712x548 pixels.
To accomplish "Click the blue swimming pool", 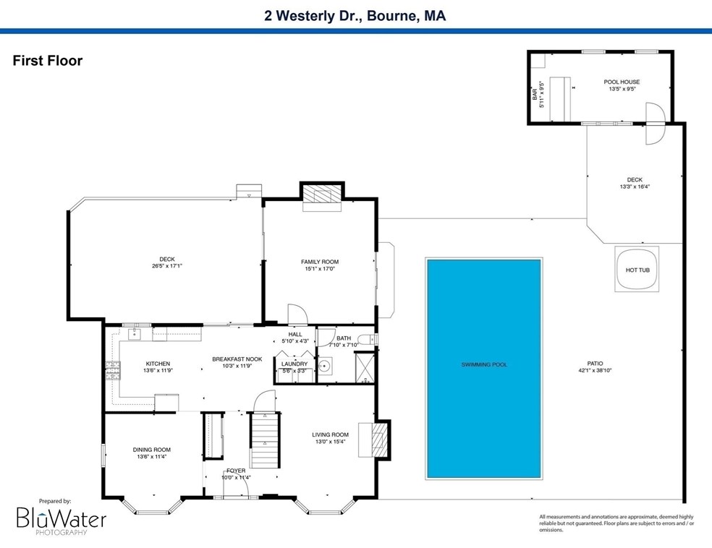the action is (x=483, y=369).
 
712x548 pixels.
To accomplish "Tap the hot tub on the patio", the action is (x=637, y=270).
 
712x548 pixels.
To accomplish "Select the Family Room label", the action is (x=320, y=262).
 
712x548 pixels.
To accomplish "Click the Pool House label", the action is (x=622, y=82).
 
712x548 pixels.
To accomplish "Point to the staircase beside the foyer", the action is (x=264, y=440).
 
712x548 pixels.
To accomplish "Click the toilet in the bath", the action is (x=366, y=339).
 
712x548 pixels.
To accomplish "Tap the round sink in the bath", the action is (x=325, y=365).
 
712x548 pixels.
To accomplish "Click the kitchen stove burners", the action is (x=113, y=369).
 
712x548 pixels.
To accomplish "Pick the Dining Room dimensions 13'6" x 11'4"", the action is (x=152, y=457).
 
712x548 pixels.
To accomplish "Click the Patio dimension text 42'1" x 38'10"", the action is (x=595, y=370).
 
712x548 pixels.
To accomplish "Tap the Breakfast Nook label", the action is (x=237, y=359).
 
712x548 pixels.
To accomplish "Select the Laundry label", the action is (x=294, y=364).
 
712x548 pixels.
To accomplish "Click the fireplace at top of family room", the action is (x=322, y=197).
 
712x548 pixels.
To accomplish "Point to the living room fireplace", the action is (x=373, y=439).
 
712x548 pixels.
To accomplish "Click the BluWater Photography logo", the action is (x=62, y=517).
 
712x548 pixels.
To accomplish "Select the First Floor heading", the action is (x=48, y=61).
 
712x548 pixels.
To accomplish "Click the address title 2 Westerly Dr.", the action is (x=313, y=16).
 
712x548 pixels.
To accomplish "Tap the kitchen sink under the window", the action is (x=134, y=334).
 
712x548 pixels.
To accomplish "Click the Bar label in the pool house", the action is (x=535, y=95).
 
